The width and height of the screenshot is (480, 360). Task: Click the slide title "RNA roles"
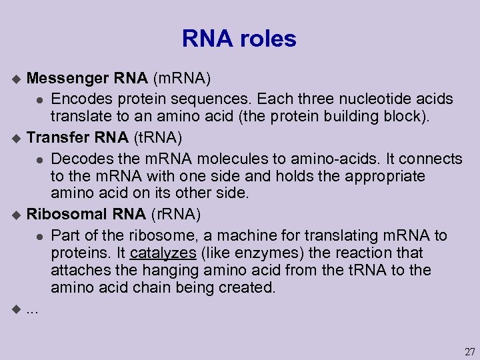tap(239, 39)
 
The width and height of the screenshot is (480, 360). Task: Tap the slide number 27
tap(469, 351)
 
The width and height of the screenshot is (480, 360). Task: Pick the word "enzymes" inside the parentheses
tap(245, 253)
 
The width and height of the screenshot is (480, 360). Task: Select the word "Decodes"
tap(81, 159)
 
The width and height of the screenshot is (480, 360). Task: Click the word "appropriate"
tap(383, 176)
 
